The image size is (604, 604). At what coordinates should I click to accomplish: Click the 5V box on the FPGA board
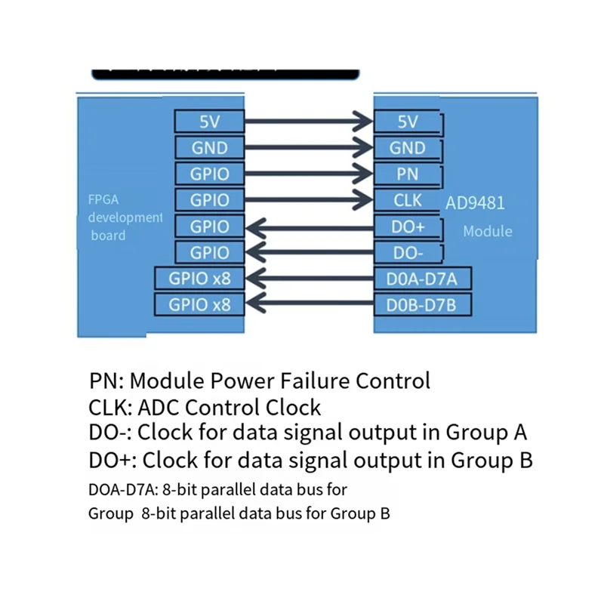pyautogui.click(x=209, y=122)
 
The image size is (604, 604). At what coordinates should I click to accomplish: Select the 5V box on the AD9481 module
pyautogui.click(x=408, y=122)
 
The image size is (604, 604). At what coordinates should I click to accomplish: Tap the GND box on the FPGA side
pyautogui.click(x=209, y=148)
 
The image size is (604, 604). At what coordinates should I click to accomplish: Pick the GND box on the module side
pyautogui.click(x=408, y=149)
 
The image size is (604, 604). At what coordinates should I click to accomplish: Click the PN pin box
pyautogui.click(x=408, y=174)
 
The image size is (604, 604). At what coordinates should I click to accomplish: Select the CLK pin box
pyautogui.click(x=408, y=200)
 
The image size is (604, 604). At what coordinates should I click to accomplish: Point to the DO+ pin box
pyautogui.click(x=408, y=226)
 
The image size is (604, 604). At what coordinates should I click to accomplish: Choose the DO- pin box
pyautogui.click(x=408, y=252)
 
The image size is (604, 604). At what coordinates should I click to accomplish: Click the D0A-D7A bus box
pyautogui.click(x=424, y=279)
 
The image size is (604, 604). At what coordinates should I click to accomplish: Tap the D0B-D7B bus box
pyautogui.click(x=424, y=304)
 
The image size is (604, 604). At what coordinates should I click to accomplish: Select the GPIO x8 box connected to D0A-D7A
pyautogui.click(x=199, y=279)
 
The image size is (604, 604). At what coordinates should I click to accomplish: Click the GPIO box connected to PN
pyautogui.click(x=209, y=174)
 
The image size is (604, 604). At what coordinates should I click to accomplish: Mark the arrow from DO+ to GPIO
pyautogui.click(x=310, y=225)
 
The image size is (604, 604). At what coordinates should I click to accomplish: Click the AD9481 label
pyautogui.click(x=475, y=203)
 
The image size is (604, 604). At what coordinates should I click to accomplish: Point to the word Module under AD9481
pyautogui.click(x=487, y=231)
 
